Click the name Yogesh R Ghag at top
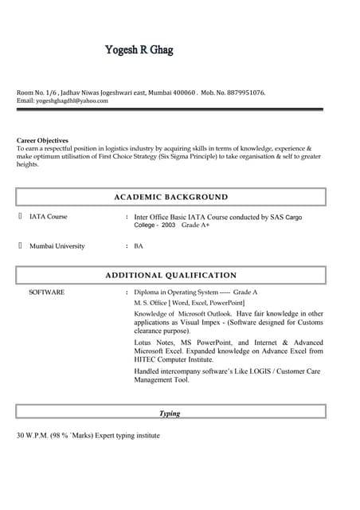click(x=139, y=50)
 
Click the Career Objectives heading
click(x=42, y=140)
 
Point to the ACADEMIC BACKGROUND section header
click(x=170, y=197)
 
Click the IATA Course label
click(x=48, y=217)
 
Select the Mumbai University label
click(x=57, y=246)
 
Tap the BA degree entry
click(x=139, y=246)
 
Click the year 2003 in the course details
click(x=168, y=226)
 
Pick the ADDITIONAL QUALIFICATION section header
click(x=170, y=275)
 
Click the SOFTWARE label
click(x=46, y=292)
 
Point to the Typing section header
click(x=170, y=414)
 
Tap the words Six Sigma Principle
click(x=194, y=156)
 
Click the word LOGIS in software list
click(x=259, y=371)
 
